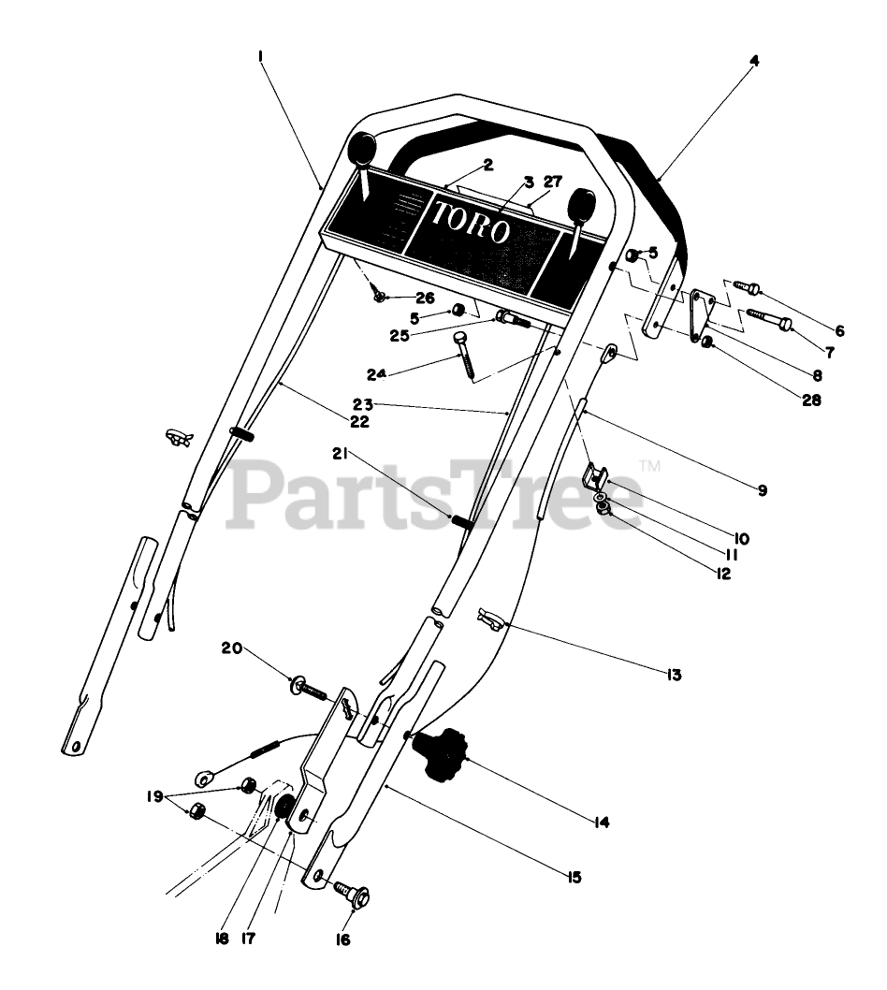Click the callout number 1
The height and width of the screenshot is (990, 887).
point(259,56)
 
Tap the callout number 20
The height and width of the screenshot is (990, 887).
point(231,647)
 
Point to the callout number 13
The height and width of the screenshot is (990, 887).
point(674,674)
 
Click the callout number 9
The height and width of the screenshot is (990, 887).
point(762,489)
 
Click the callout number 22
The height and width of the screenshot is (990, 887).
point(360,421)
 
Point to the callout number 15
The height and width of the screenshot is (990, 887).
point(574,877)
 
